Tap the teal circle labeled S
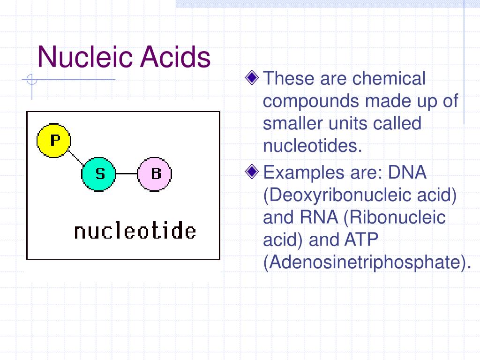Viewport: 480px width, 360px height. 99,174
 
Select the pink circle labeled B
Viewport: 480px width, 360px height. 155,174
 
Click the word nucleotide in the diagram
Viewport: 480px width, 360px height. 135,232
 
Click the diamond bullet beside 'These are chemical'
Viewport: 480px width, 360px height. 253,77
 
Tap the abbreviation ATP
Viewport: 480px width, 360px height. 361,240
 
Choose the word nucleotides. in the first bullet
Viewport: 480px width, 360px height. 313,146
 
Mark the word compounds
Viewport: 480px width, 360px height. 311,101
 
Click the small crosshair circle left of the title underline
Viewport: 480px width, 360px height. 32,80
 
